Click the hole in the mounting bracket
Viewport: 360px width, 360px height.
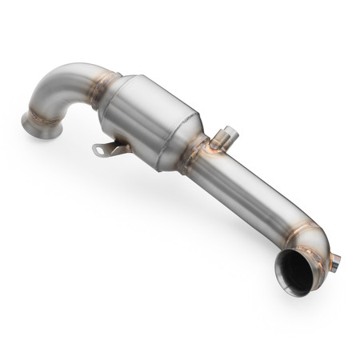click(98, 148)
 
